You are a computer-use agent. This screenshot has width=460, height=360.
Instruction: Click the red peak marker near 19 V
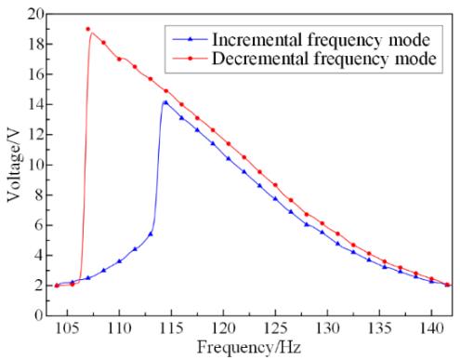[x=88, y=29]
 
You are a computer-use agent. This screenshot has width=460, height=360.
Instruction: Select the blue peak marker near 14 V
[x=165, y=102]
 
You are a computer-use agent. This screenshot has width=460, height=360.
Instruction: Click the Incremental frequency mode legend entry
[x=301, y=40]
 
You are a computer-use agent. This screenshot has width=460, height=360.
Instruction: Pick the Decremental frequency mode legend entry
[x=304, y=59]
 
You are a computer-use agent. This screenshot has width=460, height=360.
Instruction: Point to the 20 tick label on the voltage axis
[x=35, y=14]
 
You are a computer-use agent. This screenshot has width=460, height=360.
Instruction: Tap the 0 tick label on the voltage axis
[x=39, y=315]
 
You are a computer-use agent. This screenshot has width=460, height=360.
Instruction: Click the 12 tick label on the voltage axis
[x=35, y=135]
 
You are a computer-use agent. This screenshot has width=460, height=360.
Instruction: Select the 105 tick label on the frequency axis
[x=67, y=328]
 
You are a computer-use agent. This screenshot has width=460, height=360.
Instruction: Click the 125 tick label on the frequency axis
[x=275, y=328]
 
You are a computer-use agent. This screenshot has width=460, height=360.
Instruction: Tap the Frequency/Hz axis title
[x=249, y=347]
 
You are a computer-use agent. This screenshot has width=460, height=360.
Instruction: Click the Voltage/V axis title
[x=14, y=166]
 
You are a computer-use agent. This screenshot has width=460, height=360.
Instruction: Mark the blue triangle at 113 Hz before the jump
[x=151, y=234]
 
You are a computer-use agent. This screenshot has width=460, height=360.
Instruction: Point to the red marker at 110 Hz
[x=119, y=59]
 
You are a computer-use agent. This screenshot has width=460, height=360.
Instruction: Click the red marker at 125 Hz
[x=275, y=185]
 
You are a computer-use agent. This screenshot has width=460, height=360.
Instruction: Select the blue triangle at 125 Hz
[x=275, y=199]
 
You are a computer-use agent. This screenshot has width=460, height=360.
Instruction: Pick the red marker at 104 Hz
[x=57, y=286]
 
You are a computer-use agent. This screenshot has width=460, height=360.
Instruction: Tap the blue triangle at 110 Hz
[x=119, y=261]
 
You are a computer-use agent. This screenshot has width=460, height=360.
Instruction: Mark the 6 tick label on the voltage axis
[x=39, y=225]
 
